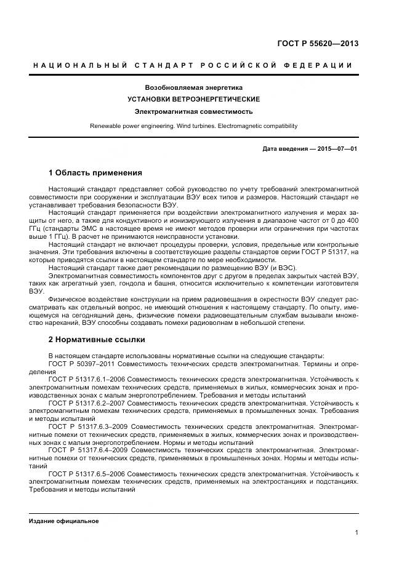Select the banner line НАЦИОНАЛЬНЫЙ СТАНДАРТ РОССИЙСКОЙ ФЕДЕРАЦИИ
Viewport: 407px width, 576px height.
tap(193, 65)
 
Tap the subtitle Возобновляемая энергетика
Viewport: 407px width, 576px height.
tap(193, 88)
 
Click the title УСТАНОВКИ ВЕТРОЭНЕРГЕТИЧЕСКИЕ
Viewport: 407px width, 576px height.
tap(193, 100)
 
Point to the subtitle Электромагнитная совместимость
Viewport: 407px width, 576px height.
tap(193, 112)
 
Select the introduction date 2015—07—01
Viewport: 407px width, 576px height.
tap(338, 149)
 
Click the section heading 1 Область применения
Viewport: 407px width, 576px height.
tap(95, 173)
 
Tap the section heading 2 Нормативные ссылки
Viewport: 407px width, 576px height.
tap(97, 339)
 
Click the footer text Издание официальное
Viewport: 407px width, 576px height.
tap(64, 521)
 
